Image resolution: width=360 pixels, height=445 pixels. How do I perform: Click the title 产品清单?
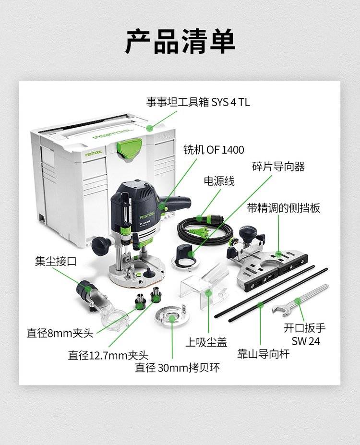[180, 41]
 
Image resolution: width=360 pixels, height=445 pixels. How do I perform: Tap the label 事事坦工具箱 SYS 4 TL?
[198, 102]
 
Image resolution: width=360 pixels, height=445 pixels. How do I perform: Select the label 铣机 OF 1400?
[214, 150]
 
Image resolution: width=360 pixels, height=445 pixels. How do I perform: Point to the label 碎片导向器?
[278, 166]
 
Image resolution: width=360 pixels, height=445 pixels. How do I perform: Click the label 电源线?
[219, 181]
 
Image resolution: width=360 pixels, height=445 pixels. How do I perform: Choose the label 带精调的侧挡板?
[283, 208]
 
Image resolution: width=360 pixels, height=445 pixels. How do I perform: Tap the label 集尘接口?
[56, 261]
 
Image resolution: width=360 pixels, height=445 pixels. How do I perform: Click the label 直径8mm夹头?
[60, 333]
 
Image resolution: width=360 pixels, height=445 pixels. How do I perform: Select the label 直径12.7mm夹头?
[108, 355]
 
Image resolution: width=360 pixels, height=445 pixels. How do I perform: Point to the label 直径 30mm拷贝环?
[177, 368]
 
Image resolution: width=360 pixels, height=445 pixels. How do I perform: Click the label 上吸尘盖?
[206, 342]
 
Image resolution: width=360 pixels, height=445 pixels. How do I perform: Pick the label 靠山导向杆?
[263, 354]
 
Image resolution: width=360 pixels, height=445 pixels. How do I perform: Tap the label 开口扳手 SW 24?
[305, 334]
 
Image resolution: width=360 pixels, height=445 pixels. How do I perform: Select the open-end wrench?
[300, 301]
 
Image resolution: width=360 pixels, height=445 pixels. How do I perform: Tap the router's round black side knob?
[101, 245]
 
